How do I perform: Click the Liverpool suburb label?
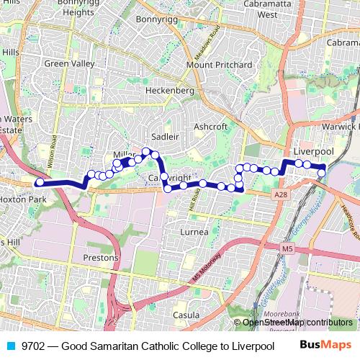[x=314, y=151]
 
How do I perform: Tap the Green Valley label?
[x=69, y=63]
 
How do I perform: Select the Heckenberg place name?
[x=170, y=91]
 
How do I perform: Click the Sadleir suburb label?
[x=165, y=136]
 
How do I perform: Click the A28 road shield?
[x=281, y=194]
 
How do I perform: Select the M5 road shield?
[x=287, y=248]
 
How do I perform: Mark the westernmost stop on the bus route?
[x=39, y=182]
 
